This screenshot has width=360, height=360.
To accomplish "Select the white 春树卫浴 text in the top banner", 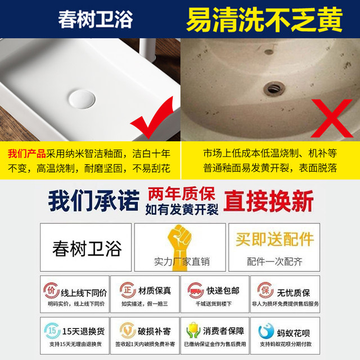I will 96,20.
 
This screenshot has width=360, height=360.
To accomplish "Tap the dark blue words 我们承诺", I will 93,201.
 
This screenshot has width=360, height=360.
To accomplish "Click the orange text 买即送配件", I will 274,239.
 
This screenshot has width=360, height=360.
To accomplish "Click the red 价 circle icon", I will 51,291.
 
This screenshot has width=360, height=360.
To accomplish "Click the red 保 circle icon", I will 263,291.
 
